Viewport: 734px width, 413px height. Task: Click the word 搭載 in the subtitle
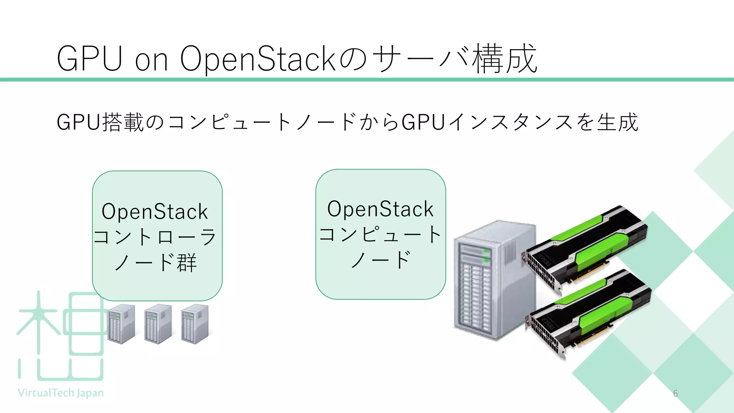123,122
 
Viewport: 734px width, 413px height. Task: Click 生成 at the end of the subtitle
618,122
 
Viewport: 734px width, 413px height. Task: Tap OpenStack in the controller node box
155,212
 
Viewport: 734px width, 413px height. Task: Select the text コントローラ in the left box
155,237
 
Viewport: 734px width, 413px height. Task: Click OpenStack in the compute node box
380,209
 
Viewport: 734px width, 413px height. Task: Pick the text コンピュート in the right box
380,234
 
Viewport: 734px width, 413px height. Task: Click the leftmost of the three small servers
121,324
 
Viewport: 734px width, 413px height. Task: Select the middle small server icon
158,324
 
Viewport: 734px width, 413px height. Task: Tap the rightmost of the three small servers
195,324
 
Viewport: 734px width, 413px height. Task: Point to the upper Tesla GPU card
584,247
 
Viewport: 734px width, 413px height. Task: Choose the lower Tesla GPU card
588,312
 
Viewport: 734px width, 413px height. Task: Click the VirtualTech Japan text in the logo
61,393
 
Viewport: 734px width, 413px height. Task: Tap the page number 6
675,394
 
